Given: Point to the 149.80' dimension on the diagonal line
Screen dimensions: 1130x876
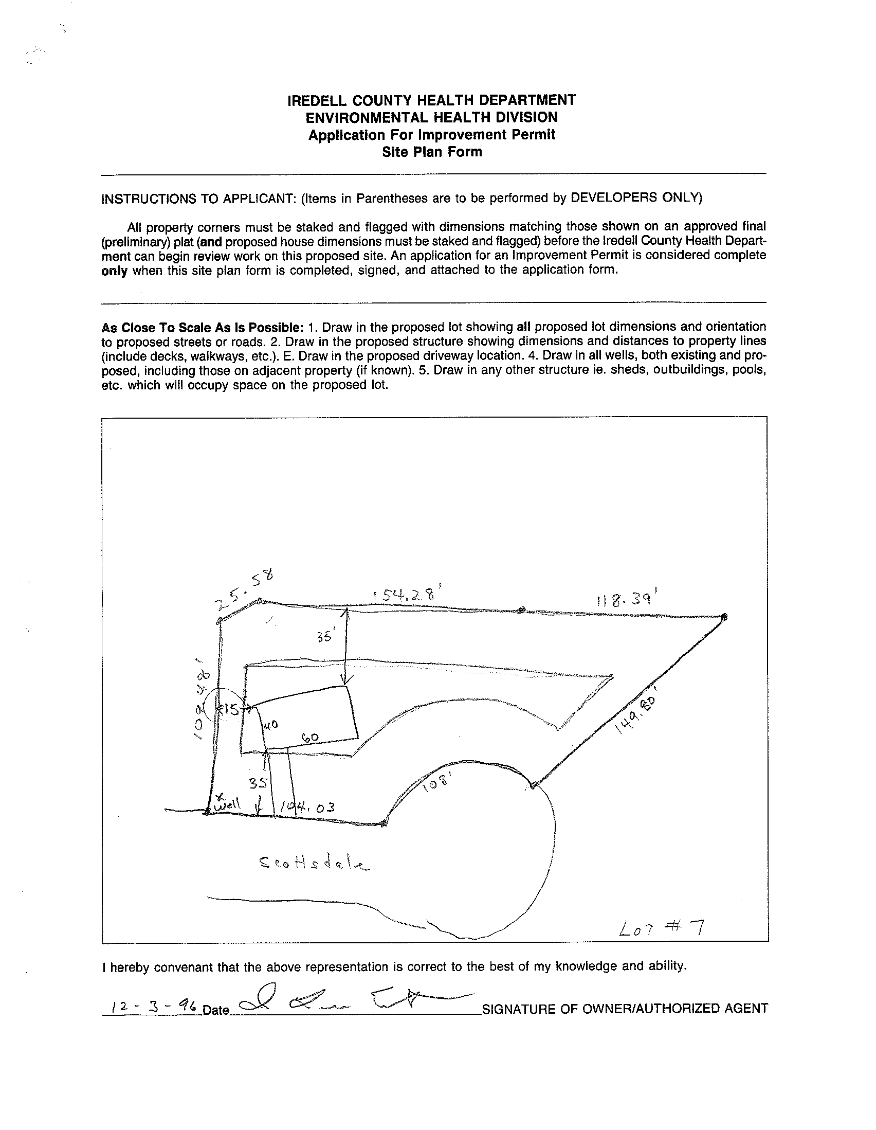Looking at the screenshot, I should coord(635,720).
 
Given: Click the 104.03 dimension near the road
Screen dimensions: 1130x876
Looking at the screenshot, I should coord(307,808).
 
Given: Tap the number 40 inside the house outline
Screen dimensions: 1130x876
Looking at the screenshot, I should coord(271,725).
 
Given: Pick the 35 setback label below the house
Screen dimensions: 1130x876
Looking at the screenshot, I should coord(258,783).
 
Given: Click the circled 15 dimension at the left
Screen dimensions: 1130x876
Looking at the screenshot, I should coord(230,709).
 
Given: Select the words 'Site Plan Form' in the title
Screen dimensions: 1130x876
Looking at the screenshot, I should coord(432,152).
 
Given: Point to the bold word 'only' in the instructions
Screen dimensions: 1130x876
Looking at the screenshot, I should coord(114,271).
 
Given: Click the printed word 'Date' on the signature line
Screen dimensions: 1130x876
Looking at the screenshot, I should coord(215,1010).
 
